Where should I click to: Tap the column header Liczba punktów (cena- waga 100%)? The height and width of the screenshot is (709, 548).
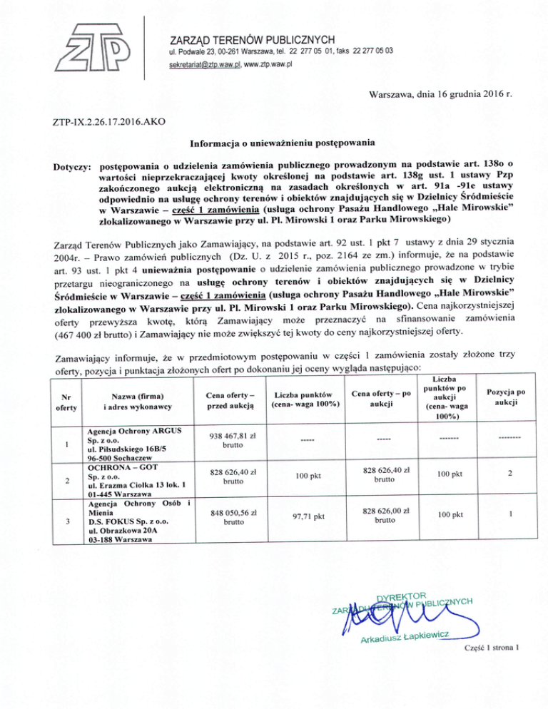(304, 400)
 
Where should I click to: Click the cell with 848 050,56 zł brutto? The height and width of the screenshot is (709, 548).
(229, 516)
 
